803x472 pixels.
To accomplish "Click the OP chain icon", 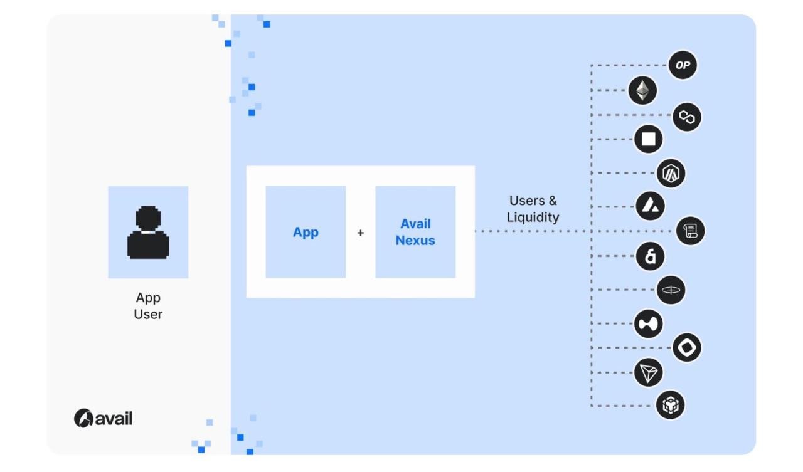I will point(683,65).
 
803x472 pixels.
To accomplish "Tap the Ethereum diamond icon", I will point(642,91).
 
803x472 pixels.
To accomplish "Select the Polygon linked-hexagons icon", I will point(687,117).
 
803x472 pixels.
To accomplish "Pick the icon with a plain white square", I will point(648,139).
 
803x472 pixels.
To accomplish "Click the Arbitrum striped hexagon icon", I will point(671,174).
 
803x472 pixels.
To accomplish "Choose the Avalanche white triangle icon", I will point(650,206).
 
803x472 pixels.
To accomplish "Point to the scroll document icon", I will point(690,231).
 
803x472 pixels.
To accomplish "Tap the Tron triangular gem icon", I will point(648,373).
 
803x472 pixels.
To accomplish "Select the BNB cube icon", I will point(670,404).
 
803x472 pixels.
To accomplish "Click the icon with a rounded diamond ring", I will point(686,347).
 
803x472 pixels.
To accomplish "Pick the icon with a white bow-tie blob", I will point(648,323).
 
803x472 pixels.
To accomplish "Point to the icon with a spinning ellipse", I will point(671,290).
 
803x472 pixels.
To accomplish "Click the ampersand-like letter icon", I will point(650,256).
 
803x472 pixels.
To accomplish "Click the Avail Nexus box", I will point(415,232).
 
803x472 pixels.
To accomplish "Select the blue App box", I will point(306,232).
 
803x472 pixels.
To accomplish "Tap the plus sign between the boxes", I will point(361,233).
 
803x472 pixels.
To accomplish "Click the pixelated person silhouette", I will point(148,233).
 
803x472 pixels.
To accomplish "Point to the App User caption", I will point(148,306).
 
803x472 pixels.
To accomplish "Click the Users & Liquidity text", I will point(533,209).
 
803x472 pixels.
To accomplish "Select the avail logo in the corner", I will point(104,418).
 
